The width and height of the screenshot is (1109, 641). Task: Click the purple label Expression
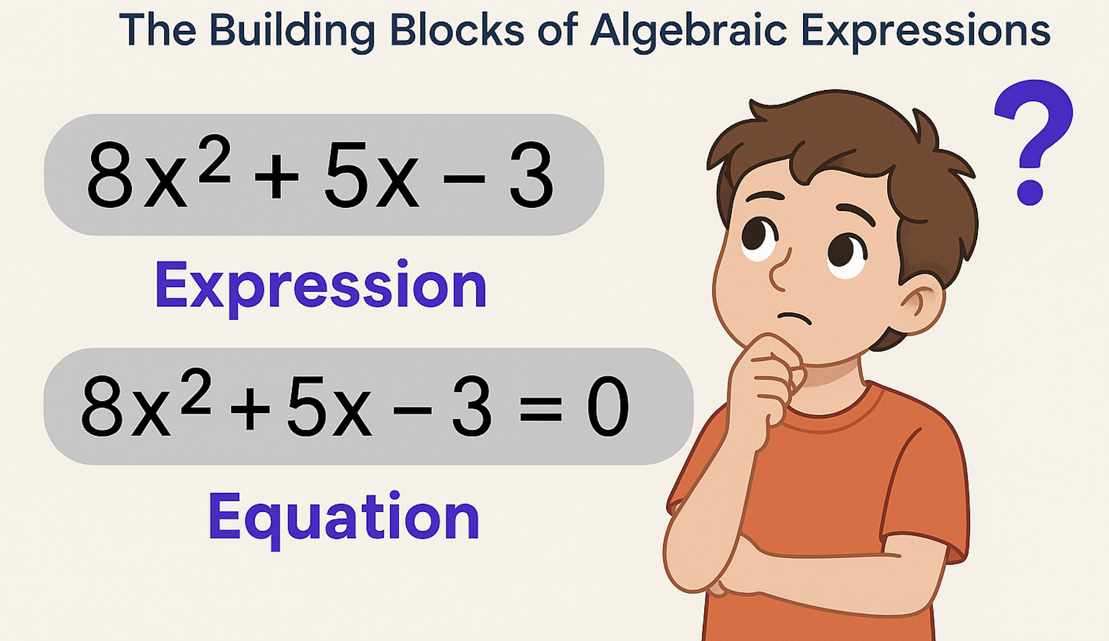[x=321, y=286]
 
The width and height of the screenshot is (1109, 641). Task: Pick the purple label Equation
[x=344, y=517]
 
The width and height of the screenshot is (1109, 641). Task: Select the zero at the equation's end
[x=608, y=406]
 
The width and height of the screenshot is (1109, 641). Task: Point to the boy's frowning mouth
[x=794, y=318]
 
